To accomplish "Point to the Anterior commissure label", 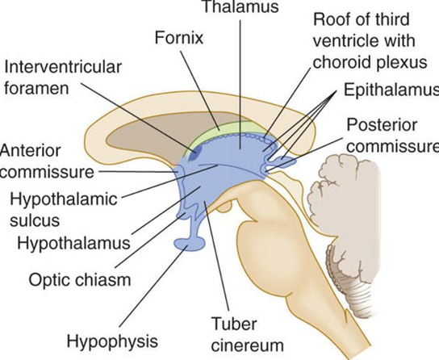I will click(37, 161).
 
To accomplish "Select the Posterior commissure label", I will click(391, 137).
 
